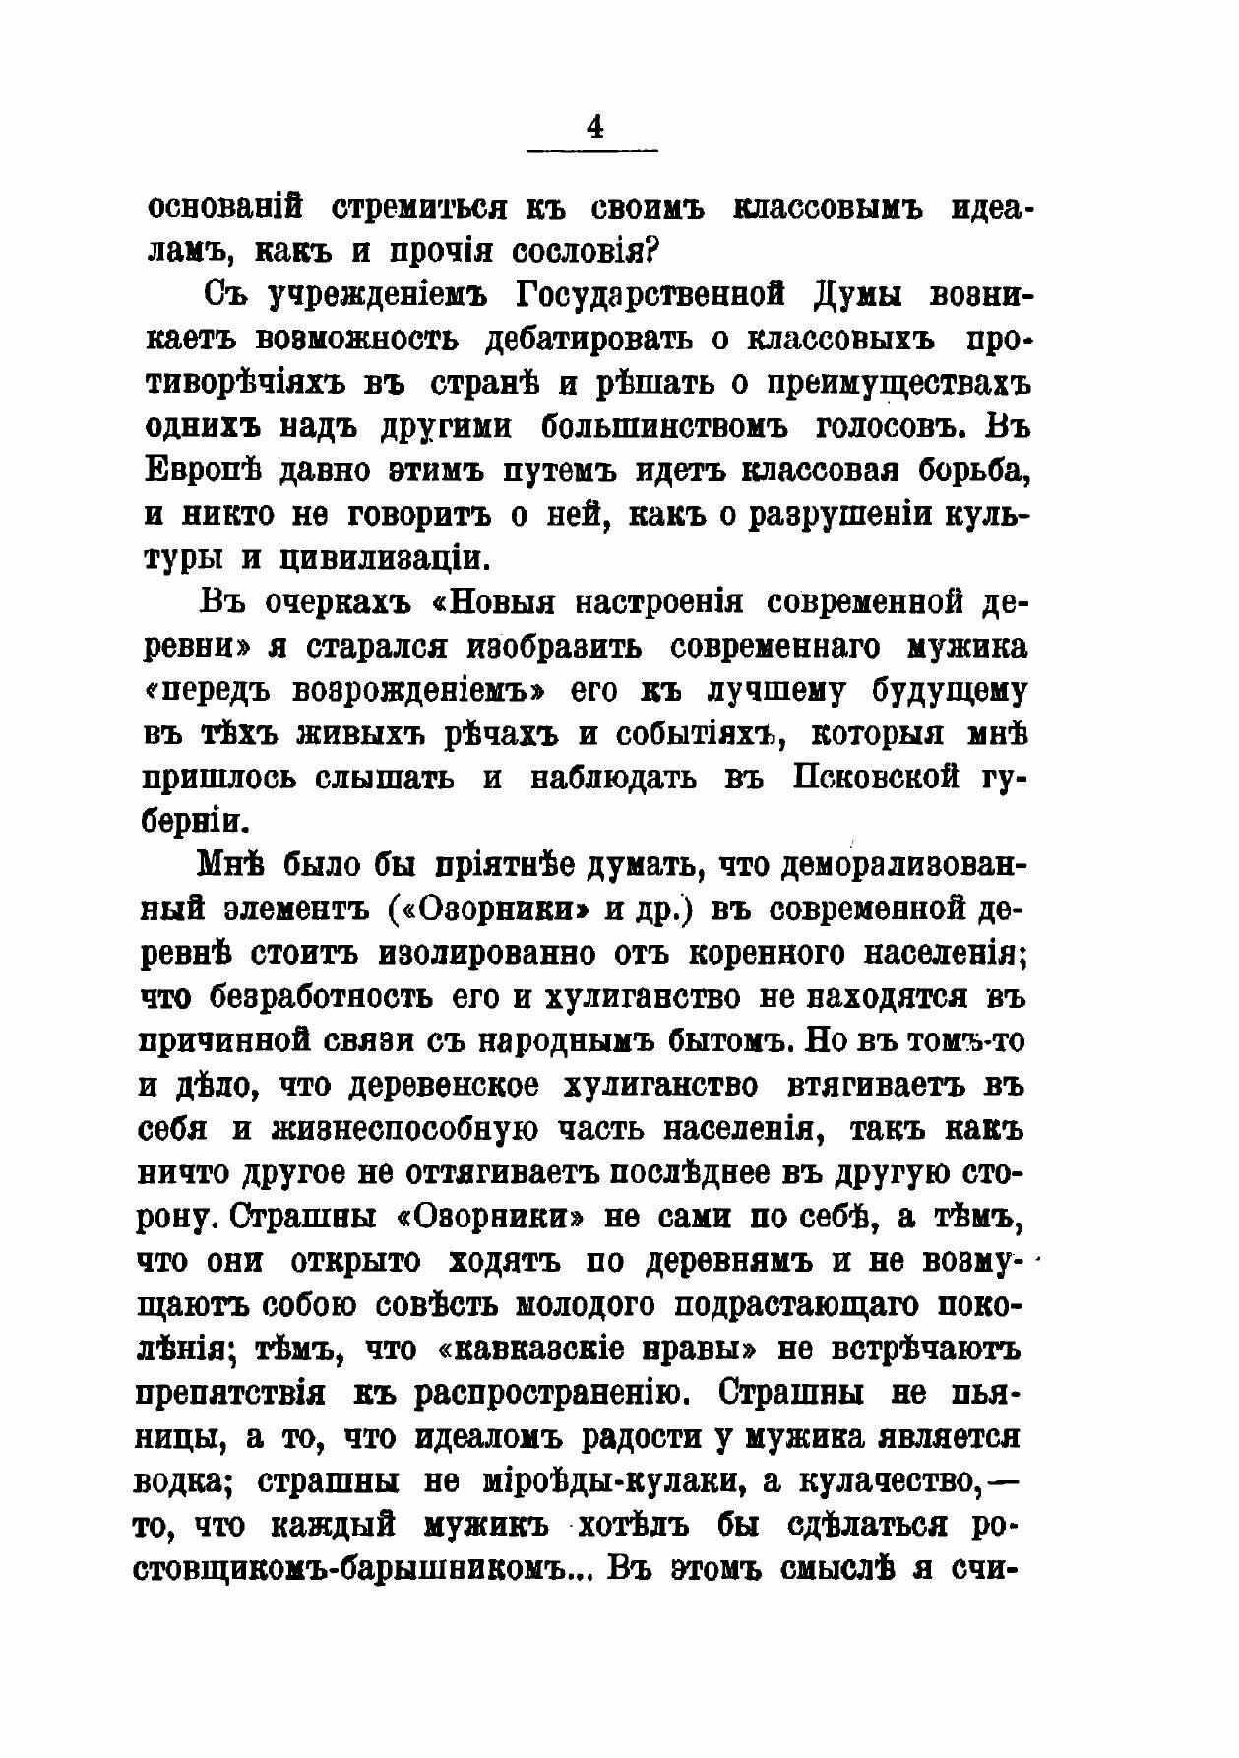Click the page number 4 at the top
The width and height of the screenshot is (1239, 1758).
coord(594,129)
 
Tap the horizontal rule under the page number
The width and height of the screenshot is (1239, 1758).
coord(593,150)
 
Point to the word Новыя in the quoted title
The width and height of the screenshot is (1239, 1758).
coord(501,601)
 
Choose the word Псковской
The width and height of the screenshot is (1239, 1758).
coord(877,778)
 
